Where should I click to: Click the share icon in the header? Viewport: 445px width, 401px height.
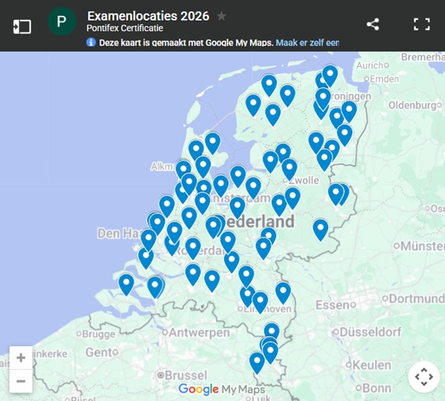(x=373, y=24)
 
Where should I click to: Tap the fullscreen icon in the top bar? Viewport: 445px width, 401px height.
(x=421, y=24)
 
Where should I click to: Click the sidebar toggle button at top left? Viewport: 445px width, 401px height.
(x=21, y=25)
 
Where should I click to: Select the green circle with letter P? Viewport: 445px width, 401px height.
(x=61, y=21)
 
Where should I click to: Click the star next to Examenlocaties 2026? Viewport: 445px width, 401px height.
(x=222, y=16)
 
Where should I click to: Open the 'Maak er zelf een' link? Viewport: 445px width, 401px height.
(x=308, y=42)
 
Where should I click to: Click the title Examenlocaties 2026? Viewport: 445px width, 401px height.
(x=149, y=16)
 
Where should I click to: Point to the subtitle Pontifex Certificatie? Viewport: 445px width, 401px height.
(x=125, y=29)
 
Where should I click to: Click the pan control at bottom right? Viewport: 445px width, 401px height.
(x=422, y=376)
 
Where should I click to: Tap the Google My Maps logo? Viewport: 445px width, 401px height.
(x=222, y=389)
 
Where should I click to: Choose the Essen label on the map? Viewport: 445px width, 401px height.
(x=331, y=305)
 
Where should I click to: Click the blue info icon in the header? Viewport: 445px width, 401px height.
(x=91, y=42)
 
